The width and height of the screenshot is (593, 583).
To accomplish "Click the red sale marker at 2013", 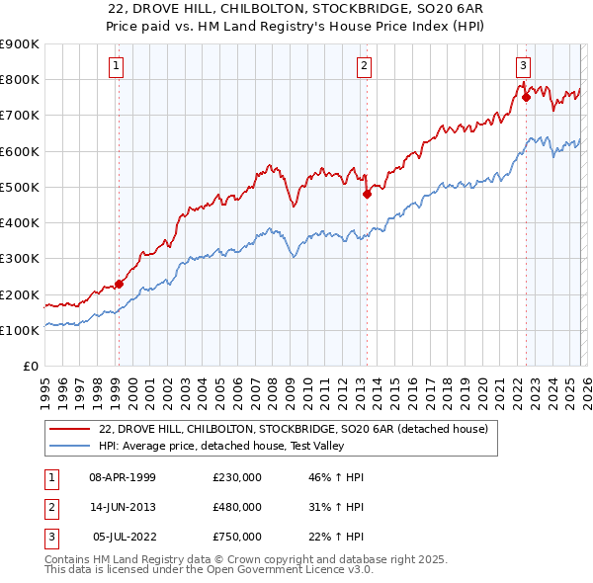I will pyautogui.click(x=367, y=194).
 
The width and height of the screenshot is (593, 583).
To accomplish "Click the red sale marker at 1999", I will pyautogui.click(x=119, y=284).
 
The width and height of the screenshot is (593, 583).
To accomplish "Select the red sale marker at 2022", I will pyautogui.click(x=526, y=97).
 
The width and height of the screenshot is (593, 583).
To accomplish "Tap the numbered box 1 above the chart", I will pyautogui.click(x=117, y=66).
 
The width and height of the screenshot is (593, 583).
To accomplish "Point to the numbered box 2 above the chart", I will pyautogui.click(x=364, y=66).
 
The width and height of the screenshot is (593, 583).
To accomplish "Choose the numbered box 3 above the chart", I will pyautogui.click(x=523, y=66).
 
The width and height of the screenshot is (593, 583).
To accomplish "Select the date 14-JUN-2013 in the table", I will pyautogui.click(x=122, y=507).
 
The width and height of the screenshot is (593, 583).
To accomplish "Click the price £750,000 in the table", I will pyautogui.click(x=236, y=537).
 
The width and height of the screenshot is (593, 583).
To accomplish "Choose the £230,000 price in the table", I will pyautogui.click(x=236, y=477).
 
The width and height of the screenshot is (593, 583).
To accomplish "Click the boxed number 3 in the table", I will pyautogui.click(x=51, y=537).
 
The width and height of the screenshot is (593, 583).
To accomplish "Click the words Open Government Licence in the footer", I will pyautogui.click(x=287, y=570).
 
